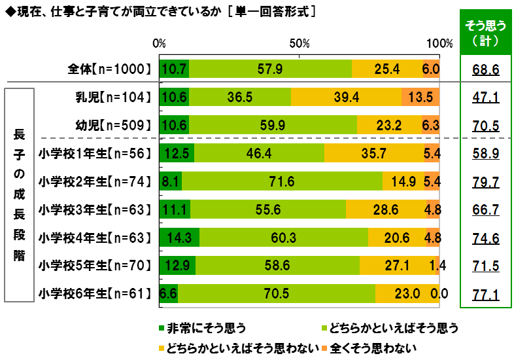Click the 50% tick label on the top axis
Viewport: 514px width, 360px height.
pos(299,44)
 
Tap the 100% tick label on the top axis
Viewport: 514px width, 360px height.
pos(439,44)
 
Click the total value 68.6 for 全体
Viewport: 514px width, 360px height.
pos(485,69)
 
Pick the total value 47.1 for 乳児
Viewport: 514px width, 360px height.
pos(485,97)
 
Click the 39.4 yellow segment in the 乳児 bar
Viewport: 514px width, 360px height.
pos(346,97)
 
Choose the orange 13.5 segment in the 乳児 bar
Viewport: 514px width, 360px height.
pos(420,97)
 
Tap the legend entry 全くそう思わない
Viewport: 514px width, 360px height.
pos(368,346)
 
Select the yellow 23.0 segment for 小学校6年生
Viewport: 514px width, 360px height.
pos(407,295)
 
